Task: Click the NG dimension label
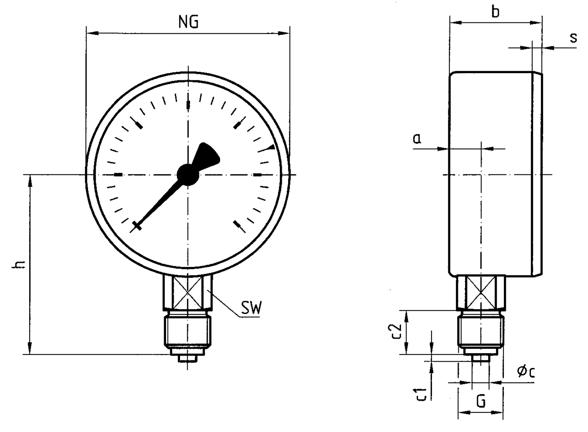[x=189, y=22]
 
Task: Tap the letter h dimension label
[x=19, y=264]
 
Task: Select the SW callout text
[x=251, y=308]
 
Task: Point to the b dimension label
[x=496, y=12]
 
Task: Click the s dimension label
[x=574, y=38]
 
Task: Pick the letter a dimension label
[x=417, y=138]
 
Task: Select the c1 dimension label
[x=420, y=394]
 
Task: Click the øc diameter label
[x=526, y=372]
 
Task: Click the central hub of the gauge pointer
[x=188, y=175]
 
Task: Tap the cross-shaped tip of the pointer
[x=137, y=226]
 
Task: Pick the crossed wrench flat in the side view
[x=481, y=292]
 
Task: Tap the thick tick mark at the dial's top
[x=188, y=105]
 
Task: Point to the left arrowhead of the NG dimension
[x=92, y=33]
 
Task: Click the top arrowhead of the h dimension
[x=30, y=181]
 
